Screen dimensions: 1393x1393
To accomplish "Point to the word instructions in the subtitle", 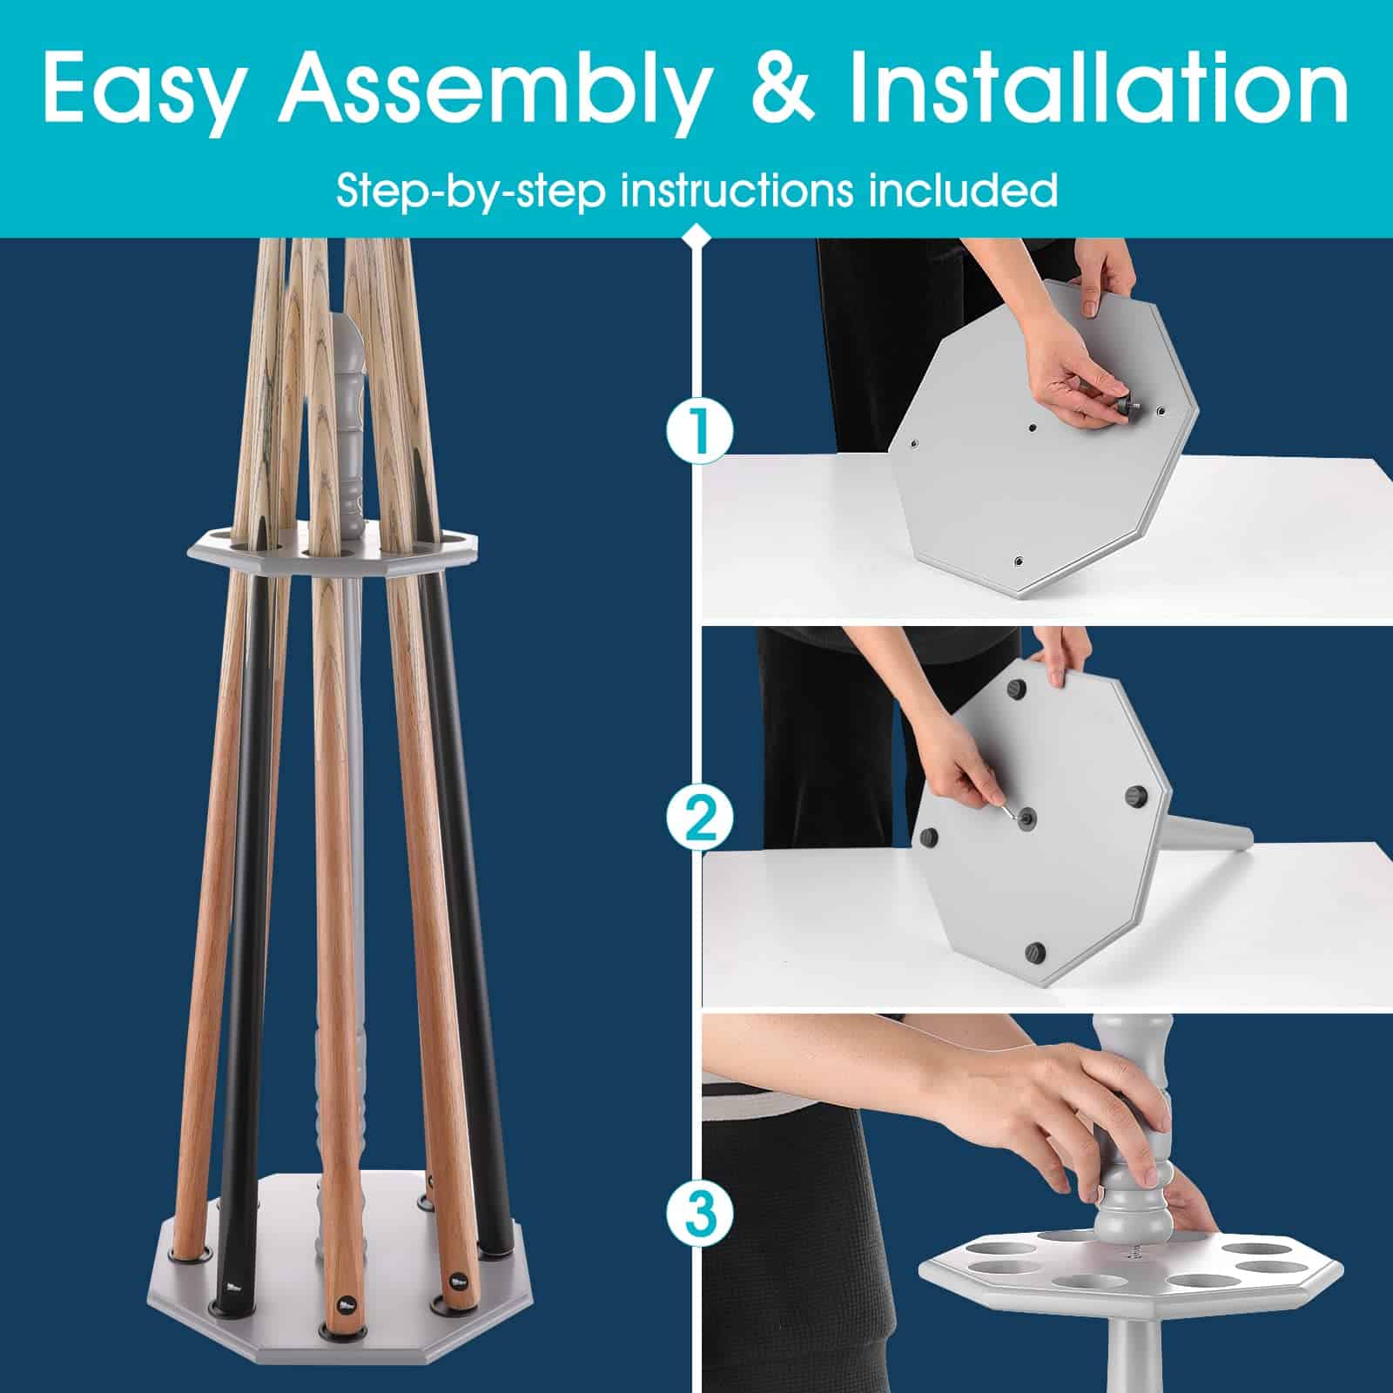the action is pos(737,190).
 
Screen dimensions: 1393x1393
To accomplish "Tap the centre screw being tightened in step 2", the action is pos(1027,817).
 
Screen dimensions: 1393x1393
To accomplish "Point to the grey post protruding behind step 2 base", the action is pos(1207,832).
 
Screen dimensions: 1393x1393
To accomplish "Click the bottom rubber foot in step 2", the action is pos(1034,952).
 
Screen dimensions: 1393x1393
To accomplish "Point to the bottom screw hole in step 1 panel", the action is pos(1018,561).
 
